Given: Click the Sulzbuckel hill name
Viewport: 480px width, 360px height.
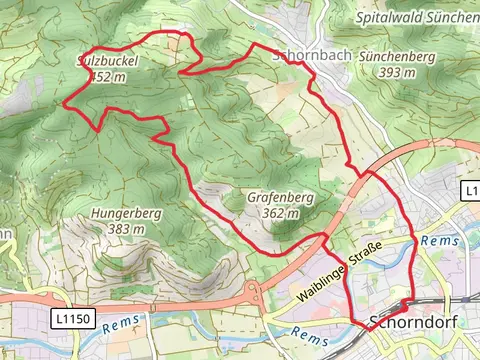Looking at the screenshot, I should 107,60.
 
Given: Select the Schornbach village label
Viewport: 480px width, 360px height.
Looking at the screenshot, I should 310,57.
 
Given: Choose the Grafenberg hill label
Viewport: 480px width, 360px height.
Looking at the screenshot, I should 280,198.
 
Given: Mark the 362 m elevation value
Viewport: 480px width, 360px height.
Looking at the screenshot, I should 280,213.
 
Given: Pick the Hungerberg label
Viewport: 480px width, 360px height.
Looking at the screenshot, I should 126,213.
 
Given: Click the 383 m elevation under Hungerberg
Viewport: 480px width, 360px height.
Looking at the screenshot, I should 126,229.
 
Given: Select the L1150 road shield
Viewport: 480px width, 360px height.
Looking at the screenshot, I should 67,316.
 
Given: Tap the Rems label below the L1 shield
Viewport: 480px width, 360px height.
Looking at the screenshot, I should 439,241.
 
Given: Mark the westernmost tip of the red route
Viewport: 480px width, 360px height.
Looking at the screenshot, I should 65,102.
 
